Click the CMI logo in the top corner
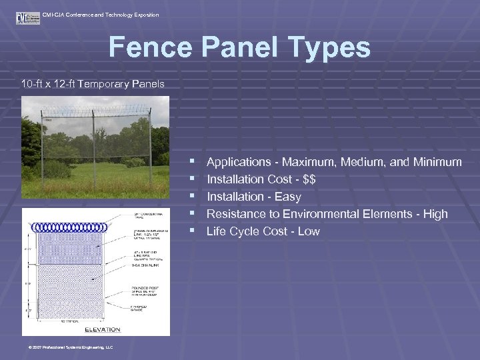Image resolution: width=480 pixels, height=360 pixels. click(x=28, y=17)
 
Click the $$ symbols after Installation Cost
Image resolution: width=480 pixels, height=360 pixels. click(x=308, y=179)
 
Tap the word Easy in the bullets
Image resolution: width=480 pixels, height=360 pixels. click(x=287, y=197)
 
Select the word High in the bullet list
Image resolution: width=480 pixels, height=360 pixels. click(x=435, y=214)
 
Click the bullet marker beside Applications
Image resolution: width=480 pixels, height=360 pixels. click(x=192, y=162)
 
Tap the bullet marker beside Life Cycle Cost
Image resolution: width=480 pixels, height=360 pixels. click(x=192, y=231)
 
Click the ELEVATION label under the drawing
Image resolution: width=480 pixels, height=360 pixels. click(x=102, y=329)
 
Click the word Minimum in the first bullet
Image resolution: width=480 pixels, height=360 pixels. click(x=437, y=162)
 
